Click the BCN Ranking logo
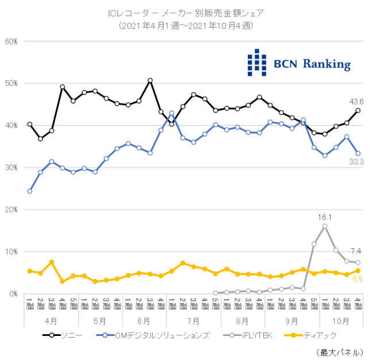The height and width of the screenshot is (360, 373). click(298, 63)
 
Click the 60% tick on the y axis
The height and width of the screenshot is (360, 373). click(12, 41)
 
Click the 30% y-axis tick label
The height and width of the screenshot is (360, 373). click(12, 167)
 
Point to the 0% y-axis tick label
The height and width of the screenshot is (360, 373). click(14, 294)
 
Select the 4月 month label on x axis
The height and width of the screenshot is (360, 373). click(50, 321)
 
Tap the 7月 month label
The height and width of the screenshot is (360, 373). click(192, 321)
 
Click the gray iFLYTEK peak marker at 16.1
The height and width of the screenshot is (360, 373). click(325, 226)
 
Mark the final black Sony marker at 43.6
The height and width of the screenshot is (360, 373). click(358, 111)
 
